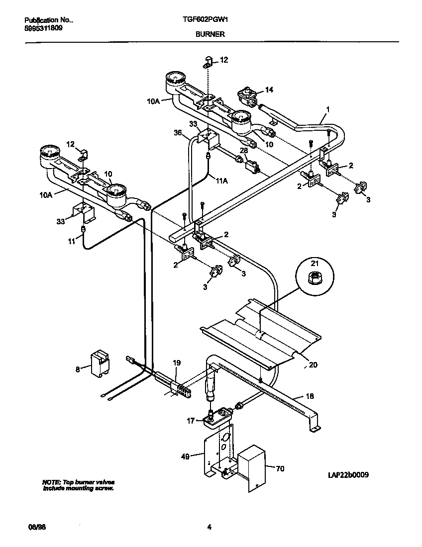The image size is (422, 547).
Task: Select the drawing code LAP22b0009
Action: point(348,475)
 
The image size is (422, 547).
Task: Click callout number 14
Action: point(269,90)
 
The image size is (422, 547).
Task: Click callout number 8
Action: point(77,369)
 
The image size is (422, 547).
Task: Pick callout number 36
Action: point(178,133)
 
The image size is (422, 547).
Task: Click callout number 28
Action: point(243,150)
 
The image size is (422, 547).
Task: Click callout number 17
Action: point(191,421)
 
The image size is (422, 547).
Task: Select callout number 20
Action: point(313,365)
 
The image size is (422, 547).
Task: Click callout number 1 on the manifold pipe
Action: point(327,108)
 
